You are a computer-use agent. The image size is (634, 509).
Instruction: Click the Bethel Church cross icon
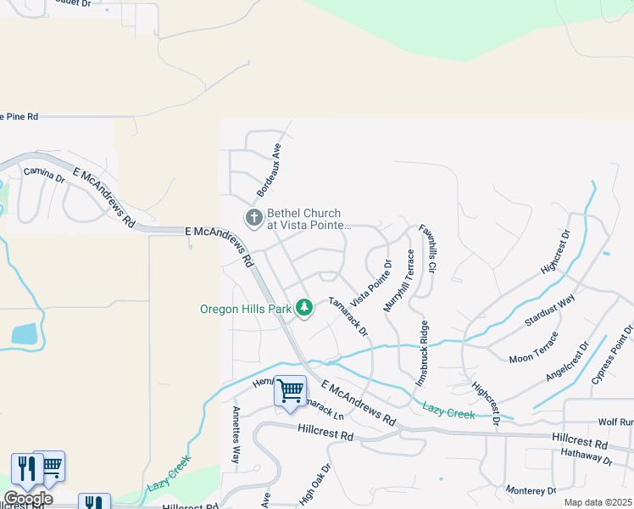[x=253, y=218]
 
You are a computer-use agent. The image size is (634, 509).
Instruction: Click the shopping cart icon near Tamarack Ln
[x=290, y=392]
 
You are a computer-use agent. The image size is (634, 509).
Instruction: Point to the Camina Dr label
[x=44, y=176]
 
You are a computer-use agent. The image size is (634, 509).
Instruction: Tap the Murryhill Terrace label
[x=398, y=281]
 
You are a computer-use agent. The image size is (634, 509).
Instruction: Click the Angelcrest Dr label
[x=567, y=361]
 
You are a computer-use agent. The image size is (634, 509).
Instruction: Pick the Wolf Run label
[x=615, y=422]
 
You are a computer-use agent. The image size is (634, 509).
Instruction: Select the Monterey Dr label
[x=530, y=490]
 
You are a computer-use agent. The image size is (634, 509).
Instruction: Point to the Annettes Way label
[x=236, y=434]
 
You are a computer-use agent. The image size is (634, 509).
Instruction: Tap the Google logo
[x=27, y=499]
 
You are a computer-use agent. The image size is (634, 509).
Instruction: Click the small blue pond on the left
[x=25, y=333]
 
